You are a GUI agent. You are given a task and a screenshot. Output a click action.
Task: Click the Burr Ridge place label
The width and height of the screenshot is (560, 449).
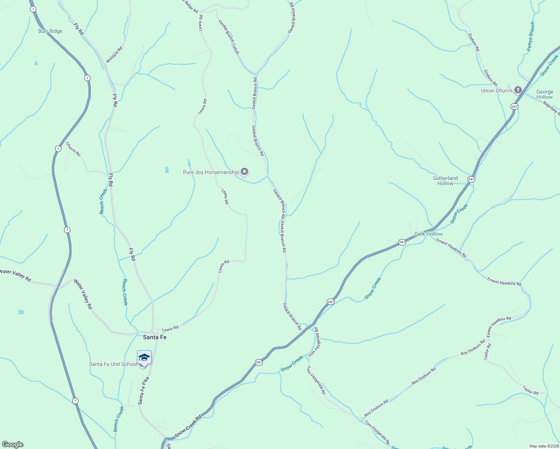[50, 31]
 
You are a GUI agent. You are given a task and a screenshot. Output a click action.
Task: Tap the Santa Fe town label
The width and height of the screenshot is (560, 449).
[155, 337]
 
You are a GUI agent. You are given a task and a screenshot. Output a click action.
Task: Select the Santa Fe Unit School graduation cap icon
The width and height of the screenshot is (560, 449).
[144, 358]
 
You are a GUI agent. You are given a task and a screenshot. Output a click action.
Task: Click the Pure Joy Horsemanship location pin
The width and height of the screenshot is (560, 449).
[244, 172]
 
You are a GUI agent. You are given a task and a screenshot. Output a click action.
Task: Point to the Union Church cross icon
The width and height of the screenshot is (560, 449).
[518, 90]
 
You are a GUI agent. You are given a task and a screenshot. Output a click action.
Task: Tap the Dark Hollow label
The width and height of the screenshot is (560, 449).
[428, 234]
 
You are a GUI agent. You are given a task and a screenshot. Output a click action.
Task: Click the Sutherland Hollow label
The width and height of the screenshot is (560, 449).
[445, 181]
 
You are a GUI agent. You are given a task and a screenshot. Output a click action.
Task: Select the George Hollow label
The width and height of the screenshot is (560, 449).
[544, 94]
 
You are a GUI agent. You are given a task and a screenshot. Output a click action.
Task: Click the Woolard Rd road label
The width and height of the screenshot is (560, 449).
[114, 55]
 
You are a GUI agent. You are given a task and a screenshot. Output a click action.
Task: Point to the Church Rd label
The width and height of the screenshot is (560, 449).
[73, 149]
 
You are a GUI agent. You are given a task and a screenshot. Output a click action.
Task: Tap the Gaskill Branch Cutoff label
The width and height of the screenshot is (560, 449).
[229, 37]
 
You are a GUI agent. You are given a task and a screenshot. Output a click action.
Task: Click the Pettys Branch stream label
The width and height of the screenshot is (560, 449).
[531, 36]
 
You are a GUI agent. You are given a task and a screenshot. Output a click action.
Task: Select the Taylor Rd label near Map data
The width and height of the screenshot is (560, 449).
[530, 390]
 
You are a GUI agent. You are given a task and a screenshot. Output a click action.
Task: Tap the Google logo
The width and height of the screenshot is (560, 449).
[13, 445]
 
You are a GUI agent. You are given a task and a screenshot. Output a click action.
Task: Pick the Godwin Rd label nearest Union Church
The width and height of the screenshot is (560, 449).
[490, 78]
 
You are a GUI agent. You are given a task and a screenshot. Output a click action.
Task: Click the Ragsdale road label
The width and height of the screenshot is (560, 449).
[551, 108]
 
